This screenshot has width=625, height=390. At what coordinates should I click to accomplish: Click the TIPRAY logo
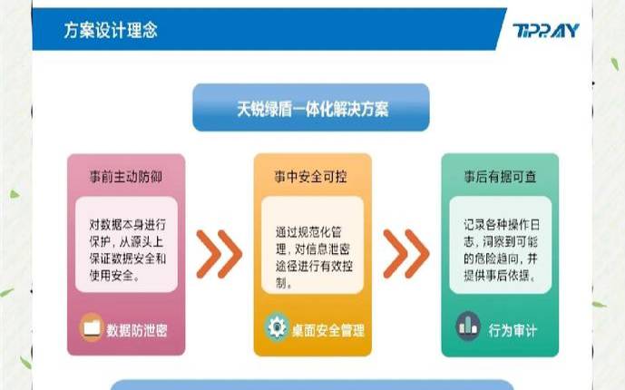pyautogui.click(x=544, y=31)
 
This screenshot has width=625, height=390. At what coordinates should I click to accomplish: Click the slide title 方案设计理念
pyautogui.click(x=111, y=30)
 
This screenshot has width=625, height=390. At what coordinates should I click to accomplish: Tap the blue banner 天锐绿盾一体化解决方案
pyautogui.click(x=311, y=108)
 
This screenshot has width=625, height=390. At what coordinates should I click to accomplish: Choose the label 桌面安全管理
pyautogui.click(x=327, y=328)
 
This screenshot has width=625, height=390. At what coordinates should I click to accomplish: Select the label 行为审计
pyautogui.click(x=513, y=328)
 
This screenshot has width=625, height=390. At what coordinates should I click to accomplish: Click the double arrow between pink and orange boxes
pyautogui.click(x=219, y=253)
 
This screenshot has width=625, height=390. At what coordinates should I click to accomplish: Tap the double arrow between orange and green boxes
pyautogui.click(x=405, y=253)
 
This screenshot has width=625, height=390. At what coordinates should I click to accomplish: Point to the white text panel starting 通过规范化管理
pyautogui.click(x=311, y=251)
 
